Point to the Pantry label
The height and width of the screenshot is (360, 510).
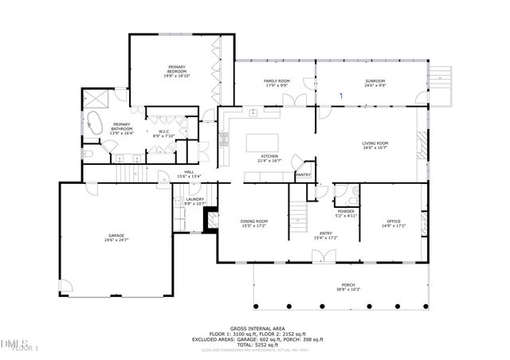click(x=303, y=174)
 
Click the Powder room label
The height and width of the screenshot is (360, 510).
click(x=346, y=211)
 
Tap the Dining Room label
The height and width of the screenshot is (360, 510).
click(x=253, y=222)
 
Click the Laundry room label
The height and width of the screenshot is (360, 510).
click(x=195, y=199)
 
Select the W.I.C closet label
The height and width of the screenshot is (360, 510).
click(x=163, y=131)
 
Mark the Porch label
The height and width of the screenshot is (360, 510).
click(x=347, y=285)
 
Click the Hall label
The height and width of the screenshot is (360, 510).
click(x=190, y=172)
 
